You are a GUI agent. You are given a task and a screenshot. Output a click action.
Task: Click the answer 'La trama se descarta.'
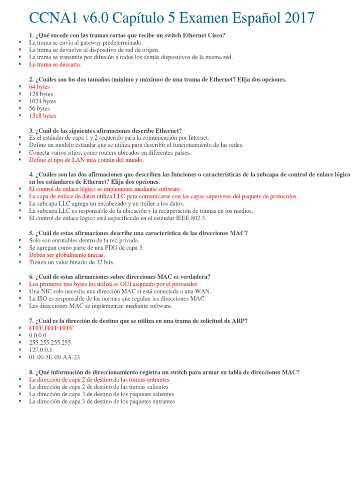(55, 64)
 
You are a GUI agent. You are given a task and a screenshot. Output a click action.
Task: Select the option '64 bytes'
(39, 87)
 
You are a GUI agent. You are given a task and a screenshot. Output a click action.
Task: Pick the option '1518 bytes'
(42, 116)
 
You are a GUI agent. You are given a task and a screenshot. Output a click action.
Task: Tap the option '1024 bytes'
(42, 101)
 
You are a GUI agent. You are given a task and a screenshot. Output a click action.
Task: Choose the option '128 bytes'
(41, 94)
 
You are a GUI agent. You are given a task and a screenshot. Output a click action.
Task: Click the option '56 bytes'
(39, 108)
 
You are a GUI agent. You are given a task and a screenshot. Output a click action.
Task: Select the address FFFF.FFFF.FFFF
(51, 328)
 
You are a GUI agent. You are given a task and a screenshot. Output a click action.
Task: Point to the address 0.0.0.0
(37, 335)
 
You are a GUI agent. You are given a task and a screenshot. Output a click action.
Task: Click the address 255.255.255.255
(50, 343)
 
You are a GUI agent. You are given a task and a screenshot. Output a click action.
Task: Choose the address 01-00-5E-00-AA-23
(54, 357)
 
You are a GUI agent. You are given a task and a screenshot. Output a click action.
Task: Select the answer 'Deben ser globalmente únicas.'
(64, 255)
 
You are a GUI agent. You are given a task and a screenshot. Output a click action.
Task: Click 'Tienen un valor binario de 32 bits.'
(72, 262)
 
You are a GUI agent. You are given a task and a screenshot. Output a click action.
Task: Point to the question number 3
(31, 131)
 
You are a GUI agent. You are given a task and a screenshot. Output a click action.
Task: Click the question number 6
(31, 277)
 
